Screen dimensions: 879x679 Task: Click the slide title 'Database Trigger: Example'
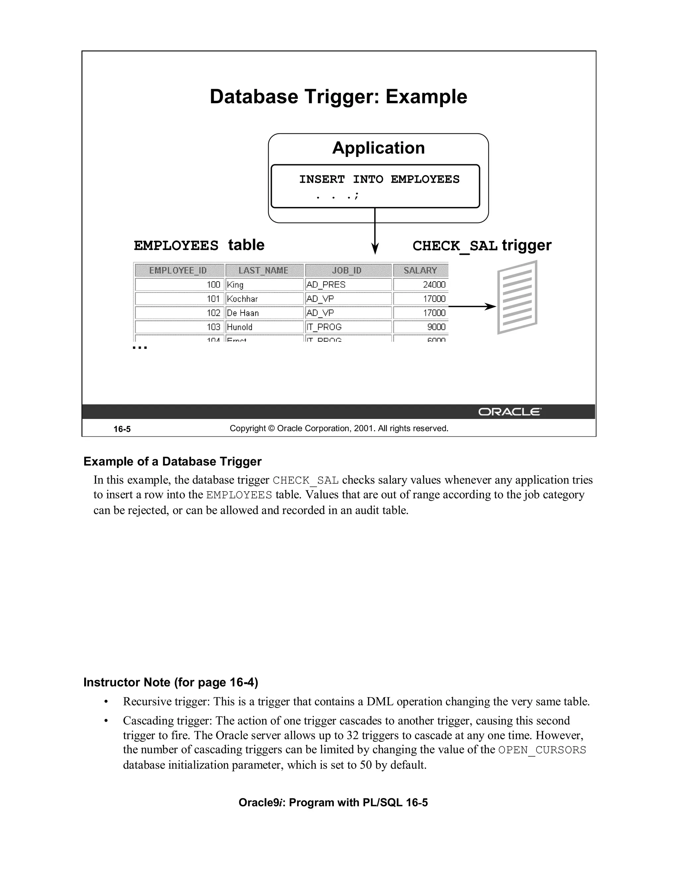(x=338, y=97)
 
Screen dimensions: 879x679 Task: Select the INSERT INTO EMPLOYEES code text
(x=379, y=179)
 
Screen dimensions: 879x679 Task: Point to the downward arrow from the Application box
(x=375, y=234)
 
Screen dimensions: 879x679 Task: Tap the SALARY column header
(x=420, y=270)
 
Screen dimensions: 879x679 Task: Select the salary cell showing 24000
(x=420, y=285)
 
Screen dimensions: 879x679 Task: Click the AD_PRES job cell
(x=347, y=285)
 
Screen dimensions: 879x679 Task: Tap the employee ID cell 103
(x=179, y=327)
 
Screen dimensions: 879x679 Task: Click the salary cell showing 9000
(x=420, y=327)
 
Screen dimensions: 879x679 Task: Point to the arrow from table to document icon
(x=471, y=307)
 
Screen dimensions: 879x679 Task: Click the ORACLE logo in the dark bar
(x=509, y=412)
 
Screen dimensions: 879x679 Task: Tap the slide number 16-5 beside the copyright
(x=122, y=429)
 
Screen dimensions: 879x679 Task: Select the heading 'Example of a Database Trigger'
(x=172, y=461)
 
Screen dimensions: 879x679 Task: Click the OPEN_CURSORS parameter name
(x=542, y=750)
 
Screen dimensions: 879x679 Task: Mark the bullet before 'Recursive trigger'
(x=106, y=702)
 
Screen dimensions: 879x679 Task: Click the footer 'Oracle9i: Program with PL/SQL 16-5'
(x=333, y=802)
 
